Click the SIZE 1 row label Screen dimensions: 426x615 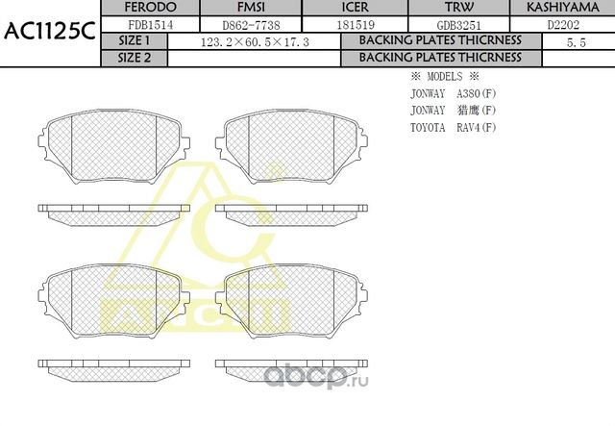134,40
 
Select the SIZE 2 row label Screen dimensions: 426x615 134,57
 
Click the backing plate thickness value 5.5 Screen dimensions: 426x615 577,41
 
